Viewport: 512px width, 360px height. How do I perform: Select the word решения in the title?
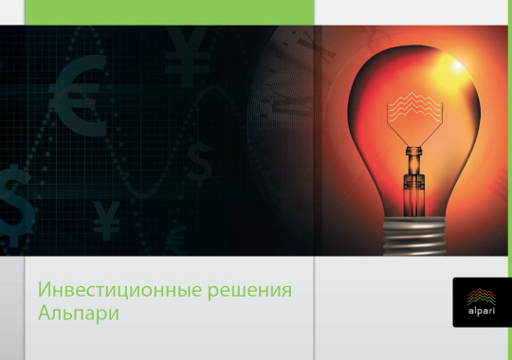click(251, 288)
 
